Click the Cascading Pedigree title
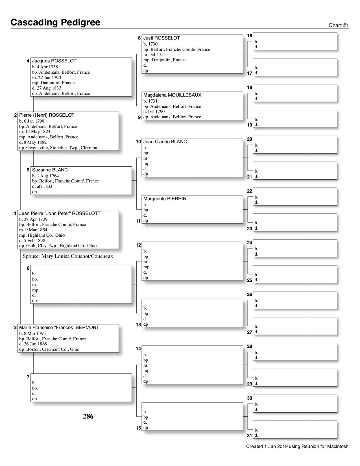(55, 22)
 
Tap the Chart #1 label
(339, 25)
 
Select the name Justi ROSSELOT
(162, 38)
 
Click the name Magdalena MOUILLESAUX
(172, 95)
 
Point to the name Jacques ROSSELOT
(54, 61)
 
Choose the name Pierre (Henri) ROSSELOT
(47, 115)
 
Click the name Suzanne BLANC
(50, 170)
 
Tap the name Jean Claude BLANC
(165, 141)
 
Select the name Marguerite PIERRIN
(165, 199)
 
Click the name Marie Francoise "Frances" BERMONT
(59, 327)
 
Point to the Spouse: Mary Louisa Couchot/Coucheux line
(68, 256)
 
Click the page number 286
(88, 416)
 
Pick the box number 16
(250, 36)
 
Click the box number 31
(250, 435)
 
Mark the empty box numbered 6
(81, 284)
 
